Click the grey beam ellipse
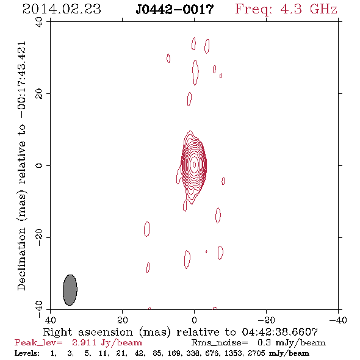70,290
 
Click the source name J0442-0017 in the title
175,10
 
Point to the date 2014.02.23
62,9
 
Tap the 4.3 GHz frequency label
309,9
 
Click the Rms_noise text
220,343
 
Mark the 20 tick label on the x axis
123,320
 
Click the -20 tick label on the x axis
266,320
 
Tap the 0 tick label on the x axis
194,320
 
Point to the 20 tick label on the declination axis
39,94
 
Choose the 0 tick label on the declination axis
39,165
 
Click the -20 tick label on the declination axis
39,237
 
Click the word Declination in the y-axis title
21,259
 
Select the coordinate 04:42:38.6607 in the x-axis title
279,332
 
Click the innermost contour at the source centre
195,164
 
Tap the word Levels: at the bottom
27,353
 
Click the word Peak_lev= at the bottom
38,342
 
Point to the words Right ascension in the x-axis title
88,332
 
